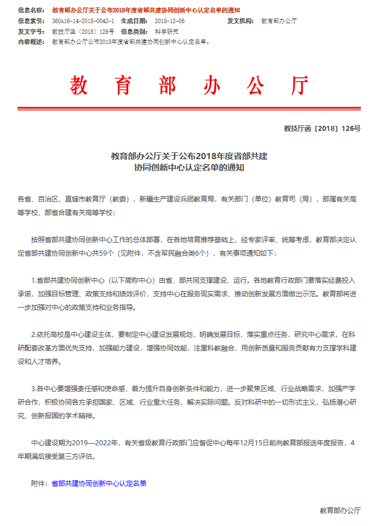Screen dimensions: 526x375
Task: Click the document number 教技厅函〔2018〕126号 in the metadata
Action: pos(82,31)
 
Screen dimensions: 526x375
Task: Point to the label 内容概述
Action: pos(30,41)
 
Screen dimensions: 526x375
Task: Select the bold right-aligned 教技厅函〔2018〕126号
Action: pos(322,129)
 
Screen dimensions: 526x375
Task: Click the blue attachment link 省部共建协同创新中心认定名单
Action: pos(98,483)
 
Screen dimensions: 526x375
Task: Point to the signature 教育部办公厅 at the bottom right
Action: pos(340,510)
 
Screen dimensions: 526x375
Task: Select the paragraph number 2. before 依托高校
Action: pos(34,334)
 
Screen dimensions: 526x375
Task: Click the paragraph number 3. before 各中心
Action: pos(34,388)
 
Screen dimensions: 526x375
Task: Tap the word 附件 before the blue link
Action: pos(38,483)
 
